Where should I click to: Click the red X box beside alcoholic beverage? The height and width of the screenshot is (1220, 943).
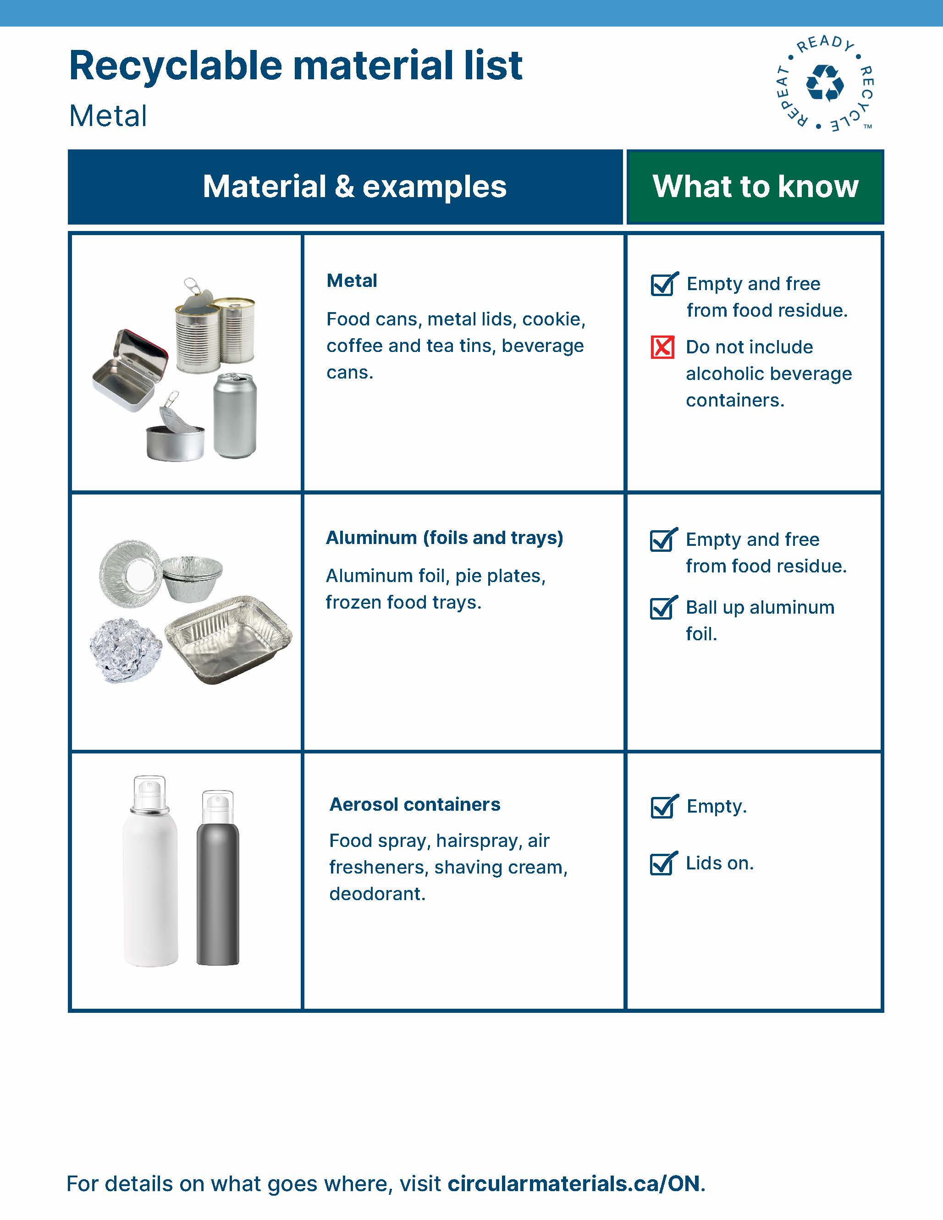(x=662, y=347)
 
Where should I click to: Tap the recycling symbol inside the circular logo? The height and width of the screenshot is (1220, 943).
(x=825, y=84)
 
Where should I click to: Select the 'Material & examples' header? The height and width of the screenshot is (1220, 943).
(x=354, y=187)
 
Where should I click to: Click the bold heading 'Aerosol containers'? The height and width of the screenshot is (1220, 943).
(x=414, y=804)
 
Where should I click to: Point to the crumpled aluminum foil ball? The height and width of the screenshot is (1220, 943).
(x=126, y=650)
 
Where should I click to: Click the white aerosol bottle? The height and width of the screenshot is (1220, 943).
(x=150, y=877)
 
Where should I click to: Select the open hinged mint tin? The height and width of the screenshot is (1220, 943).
(x=130, y=372)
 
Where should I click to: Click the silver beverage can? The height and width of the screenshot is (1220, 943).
(x=235, y=416)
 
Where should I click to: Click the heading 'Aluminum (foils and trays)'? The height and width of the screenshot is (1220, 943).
(x=444, y=538)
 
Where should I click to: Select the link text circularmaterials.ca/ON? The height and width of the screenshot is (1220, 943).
(x=574, y=1184)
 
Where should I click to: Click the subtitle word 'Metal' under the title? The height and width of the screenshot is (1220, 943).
(x=108, y=116)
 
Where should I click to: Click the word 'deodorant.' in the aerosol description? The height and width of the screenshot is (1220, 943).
(x=377, y=894)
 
